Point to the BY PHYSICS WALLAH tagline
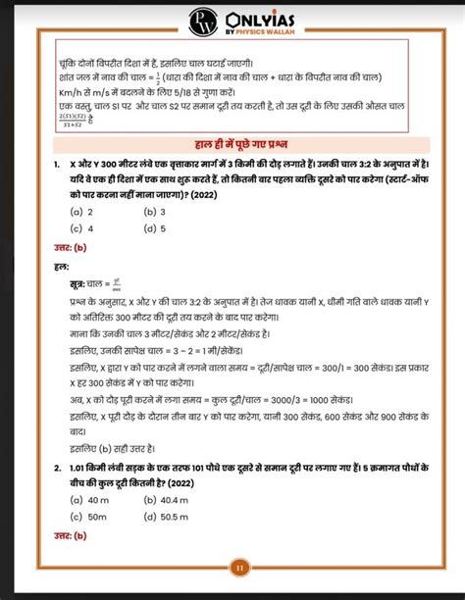click(x=259, y=31)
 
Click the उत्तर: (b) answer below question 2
click(x=71, y=535)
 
